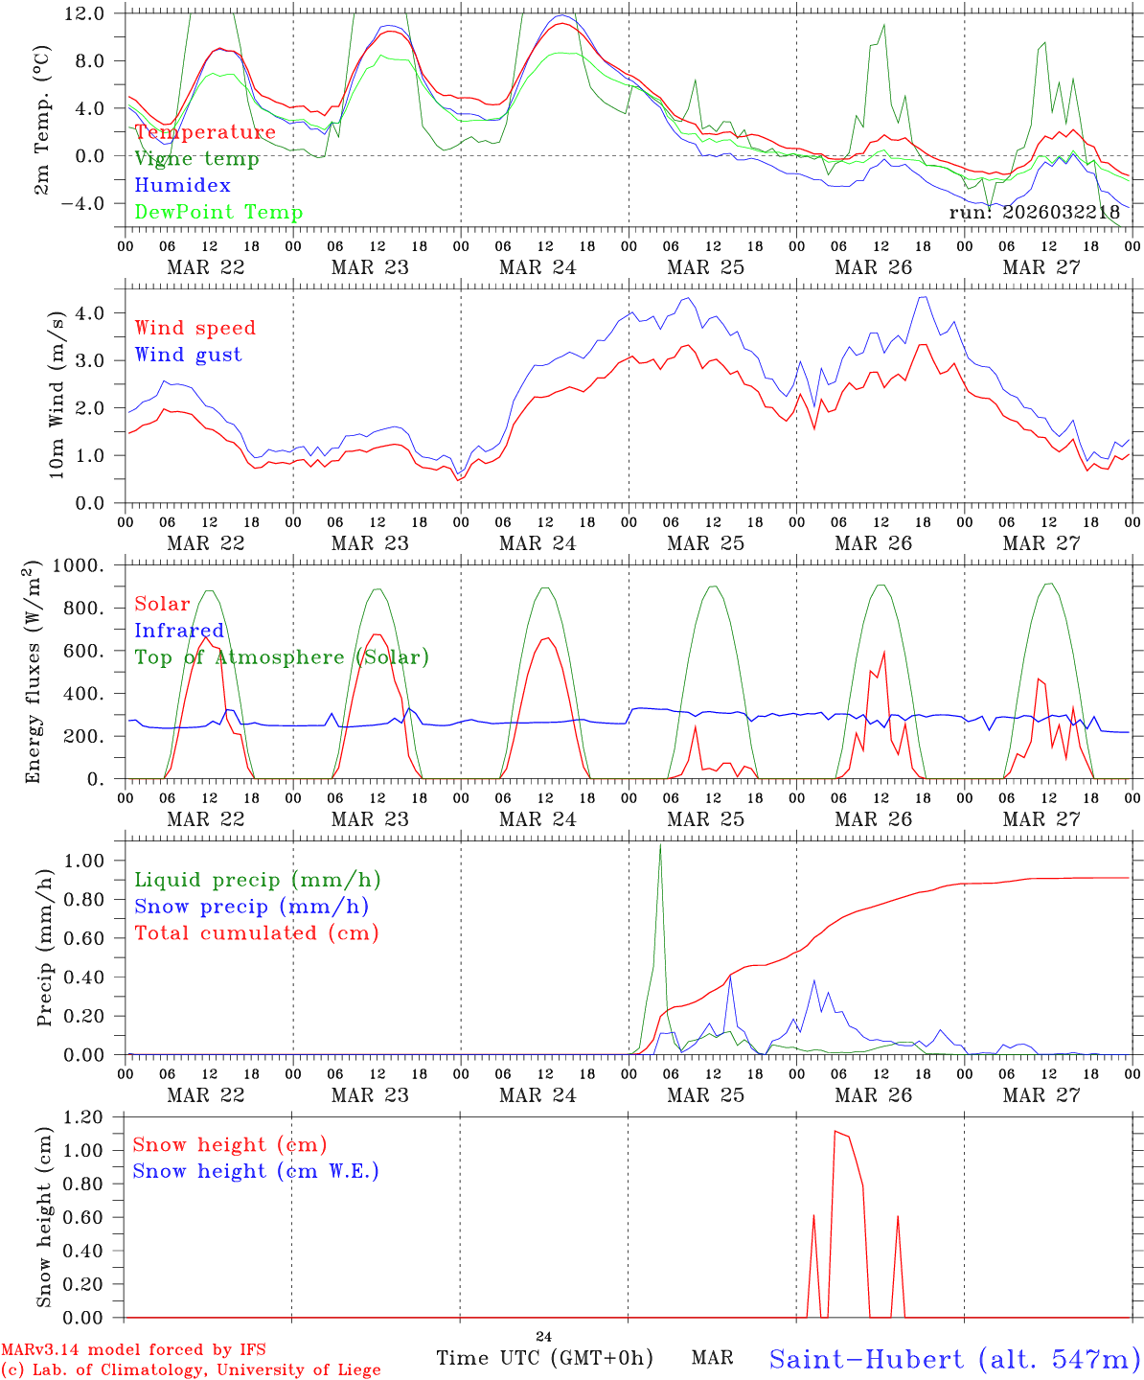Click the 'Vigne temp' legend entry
coord(196,159)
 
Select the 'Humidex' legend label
coord(182,186)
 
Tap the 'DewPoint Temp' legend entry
coord(218,213)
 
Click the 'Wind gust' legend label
coord(188,356)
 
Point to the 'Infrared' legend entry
coord(179,631)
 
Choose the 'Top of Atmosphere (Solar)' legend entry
coord(281,657)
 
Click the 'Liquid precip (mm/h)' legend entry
coord(257,880)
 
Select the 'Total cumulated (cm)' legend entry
coord(256,933)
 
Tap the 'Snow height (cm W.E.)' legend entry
coord(255,1171)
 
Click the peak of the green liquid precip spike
coord(660,845)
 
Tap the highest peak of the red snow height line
coord(835,1132)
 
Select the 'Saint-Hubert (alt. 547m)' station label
coord(953,1359)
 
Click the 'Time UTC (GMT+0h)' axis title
coord(544,1358)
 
